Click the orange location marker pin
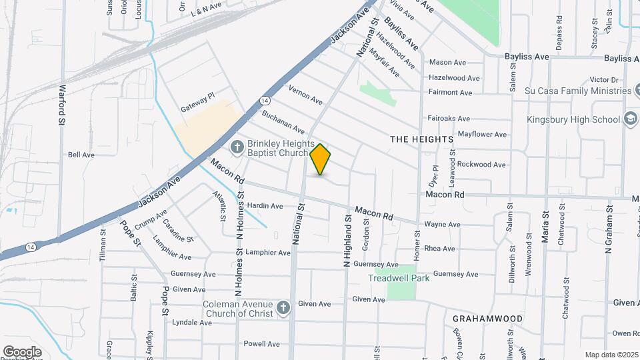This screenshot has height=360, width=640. click(x=321, y=159)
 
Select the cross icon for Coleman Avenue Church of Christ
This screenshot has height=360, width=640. click(x=283, y=307)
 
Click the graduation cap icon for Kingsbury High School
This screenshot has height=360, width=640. click(x=629, y=119)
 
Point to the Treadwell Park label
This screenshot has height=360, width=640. click(x=399, y=278)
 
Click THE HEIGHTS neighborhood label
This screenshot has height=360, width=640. click(x=421, y=139)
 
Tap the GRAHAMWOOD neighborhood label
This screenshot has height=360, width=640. click(x=487, y=319)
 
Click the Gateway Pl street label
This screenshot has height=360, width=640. click(x=198, y=101)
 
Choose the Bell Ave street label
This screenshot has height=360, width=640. click(x=81, y=155)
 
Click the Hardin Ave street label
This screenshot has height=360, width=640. click(x=265, y=206)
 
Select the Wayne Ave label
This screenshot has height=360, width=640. click(x=443, y=225)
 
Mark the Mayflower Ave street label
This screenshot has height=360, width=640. click(x=482, y=135)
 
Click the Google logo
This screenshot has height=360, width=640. click(x=22, y=351)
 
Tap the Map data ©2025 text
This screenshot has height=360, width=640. click(x=610, y=355)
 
